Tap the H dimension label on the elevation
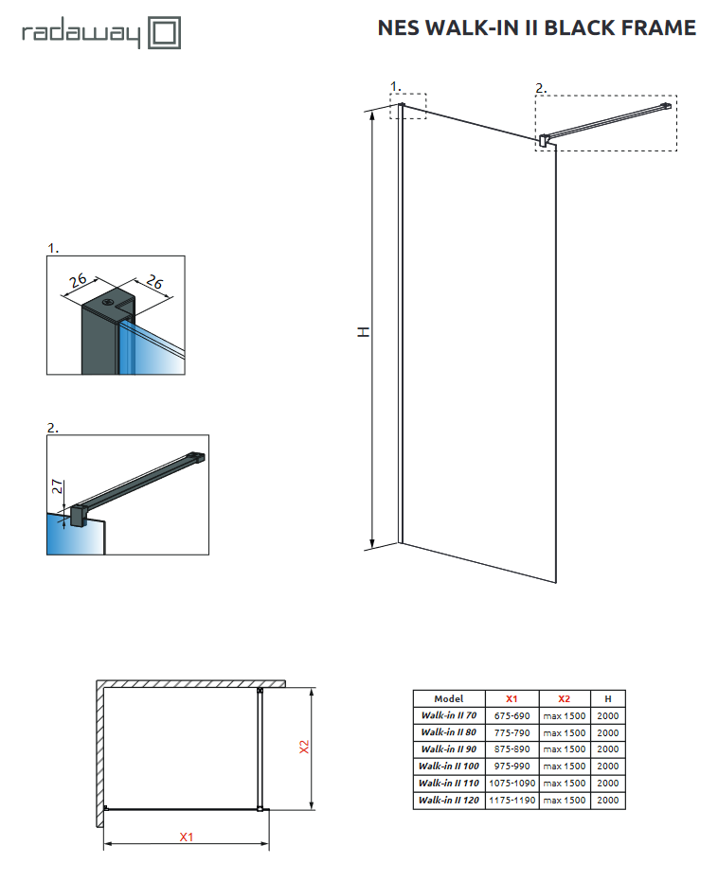[363, 331]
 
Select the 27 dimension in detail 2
[58, 488]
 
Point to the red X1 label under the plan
[187, 837]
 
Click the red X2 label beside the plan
[304, 748]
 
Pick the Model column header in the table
[449, 698]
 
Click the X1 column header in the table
[512, 698]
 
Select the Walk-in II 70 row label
[449, 715]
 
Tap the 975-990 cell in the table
[512, 766]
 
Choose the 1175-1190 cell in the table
[512, 800]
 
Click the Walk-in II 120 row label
[449, 800]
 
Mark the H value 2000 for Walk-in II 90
[607, 749]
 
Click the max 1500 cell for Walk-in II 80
[564, 732]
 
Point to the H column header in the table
[607, 698]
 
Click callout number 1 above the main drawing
[395, 86]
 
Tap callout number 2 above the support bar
[540, 89]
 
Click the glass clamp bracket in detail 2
[77, 514]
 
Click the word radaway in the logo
[80, 35]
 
